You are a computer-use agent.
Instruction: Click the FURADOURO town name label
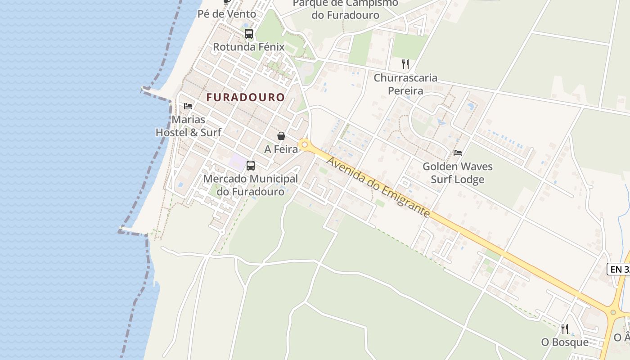(x=246, y=97)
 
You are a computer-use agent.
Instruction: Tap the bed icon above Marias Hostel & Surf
(x=188, y=106)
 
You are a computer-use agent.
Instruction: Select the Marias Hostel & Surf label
(x=189, y=126)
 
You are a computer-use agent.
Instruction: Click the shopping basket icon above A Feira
(x=281, y=136)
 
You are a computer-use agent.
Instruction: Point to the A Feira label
(x=281, y=149)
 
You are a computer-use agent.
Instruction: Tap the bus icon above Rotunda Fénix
(x=249, y=33)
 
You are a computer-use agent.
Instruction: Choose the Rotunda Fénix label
(x=249, y=47)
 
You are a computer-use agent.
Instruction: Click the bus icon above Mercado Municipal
(x=251, y=166)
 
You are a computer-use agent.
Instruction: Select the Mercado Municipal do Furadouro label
(x=251, y=185)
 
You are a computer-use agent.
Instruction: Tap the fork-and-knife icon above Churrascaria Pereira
(x=405, y=64)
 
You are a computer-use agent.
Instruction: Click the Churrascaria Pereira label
(x=405, y=84)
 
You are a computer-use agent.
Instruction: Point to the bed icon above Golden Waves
(x=458, y=153)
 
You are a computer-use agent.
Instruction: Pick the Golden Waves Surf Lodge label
(x=458, y=173)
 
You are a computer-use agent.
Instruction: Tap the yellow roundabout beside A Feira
(x=305, y=145)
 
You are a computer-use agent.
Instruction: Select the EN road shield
(x=618, y=269)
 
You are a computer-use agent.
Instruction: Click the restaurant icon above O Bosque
(x=565, y=329)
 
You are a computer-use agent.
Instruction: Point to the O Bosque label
(x=565, y=342)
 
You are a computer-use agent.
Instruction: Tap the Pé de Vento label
(x=227, y=14)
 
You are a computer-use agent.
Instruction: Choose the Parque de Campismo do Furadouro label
(x=346, y=9)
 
